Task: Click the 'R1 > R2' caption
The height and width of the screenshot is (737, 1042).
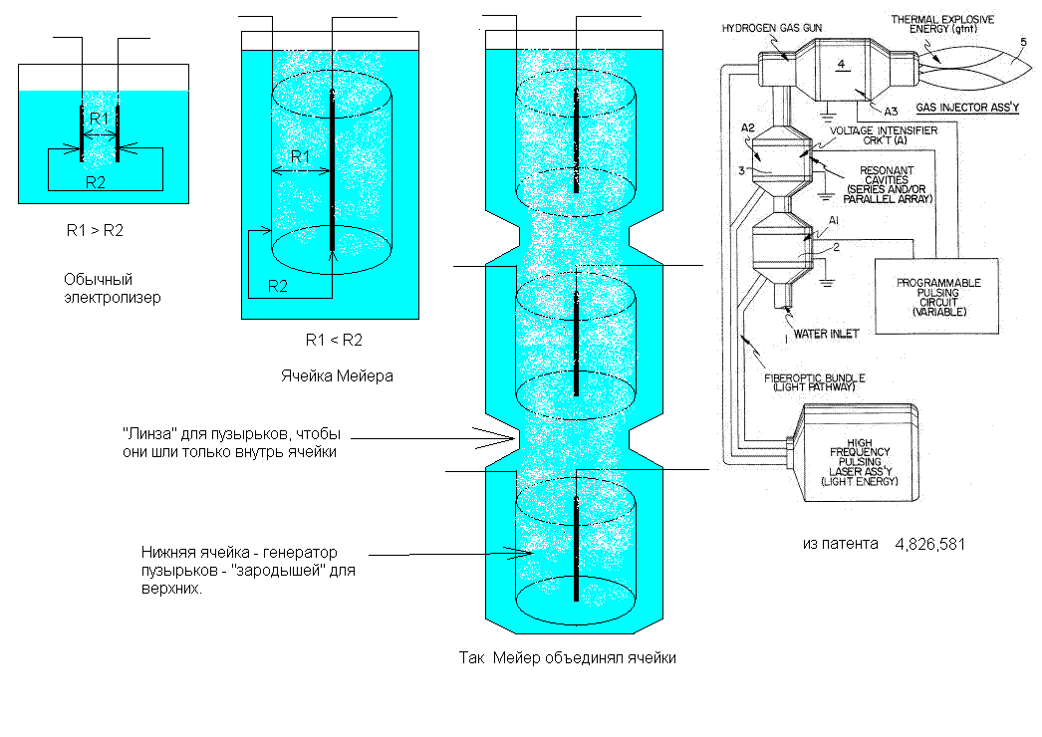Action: click(x=95, y=231)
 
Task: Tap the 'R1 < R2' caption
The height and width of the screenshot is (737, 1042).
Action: click(x=334, y=341)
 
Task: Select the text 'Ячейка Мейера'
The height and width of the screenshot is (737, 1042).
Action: click(x=337, y=376)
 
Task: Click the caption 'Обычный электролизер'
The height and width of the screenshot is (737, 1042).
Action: click(x=113, y=289)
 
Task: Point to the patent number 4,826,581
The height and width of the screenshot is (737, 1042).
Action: click(x=929, y=544)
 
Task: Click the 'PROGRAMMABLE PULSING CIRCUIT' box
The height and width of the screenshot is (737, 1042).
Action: click(x=937, y=296)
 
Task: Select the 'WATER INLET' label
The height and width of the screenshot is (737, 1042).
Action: click(x=826, y=334)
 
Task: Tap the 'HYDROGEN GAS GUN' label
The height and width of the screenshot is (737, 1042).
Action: click(x=771, y=28)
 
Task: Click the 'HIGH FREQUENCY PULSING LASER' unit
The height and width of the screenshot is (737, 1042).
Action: click(x=861, y=453)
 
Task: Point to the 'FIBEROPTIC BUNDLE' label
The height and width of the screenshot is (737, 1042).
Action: click(x=814, y=382)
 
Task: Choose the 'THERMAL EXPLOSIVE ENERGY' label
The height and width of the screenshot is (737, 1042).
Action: click(x=942, y=24)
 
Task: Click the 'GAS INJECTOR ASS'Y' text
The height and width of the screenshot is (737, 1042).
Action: click(x=967, y=108)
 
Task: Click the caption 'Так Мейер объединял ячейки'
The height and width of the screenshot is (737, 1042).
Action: click(x=568, y=658)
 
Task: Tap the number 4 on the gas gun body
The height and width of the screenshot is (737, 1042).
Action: click(x=842, y=65)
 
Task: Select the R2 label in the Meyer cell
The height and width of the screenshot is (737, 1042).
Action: click(x=278, y=287)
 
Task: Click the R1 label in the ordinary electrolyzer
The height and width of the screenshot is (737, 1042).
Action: click(x=99, y=119)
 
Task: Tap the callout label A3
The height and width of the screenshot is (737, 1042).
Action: click(x=891, y=112)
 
